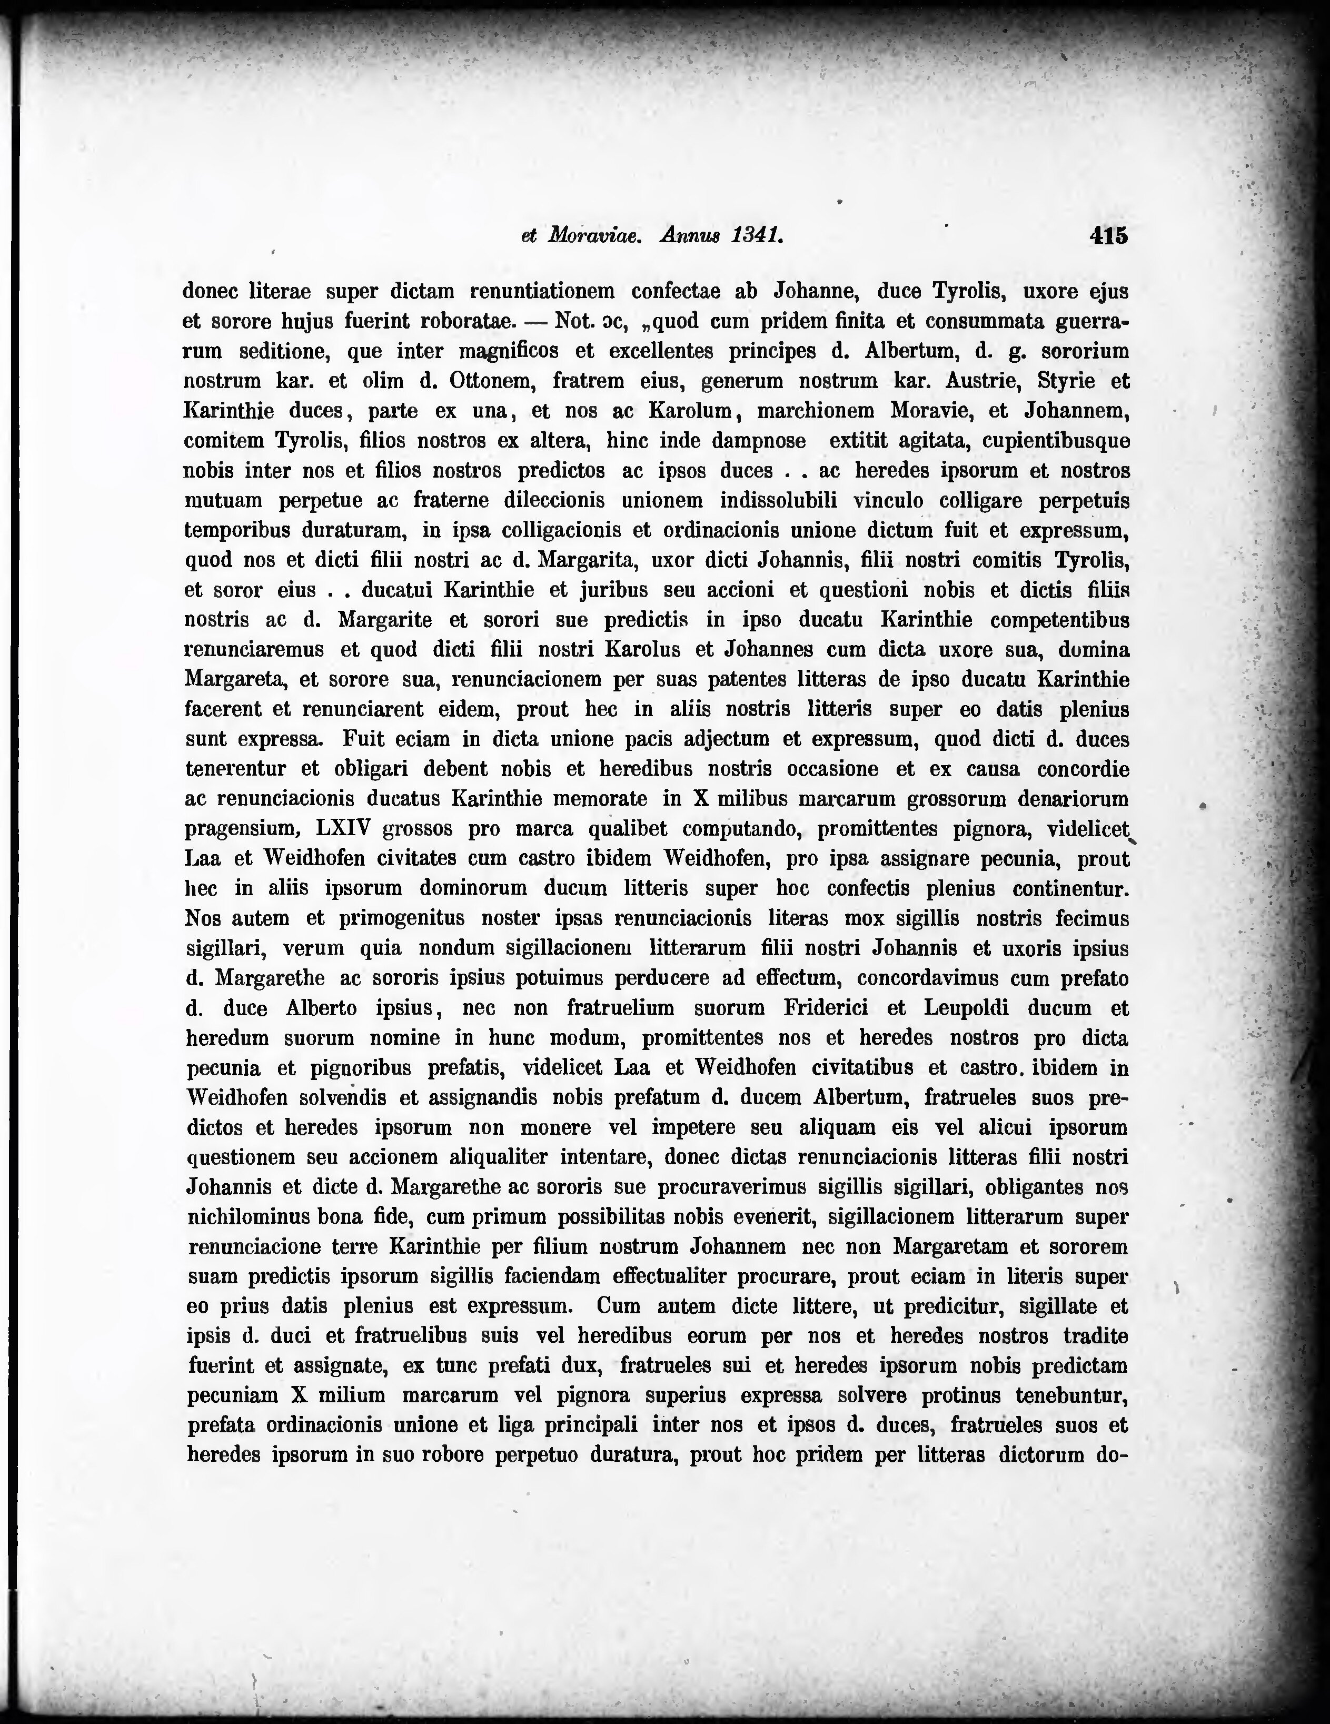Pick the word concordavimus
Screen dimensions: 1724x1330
pos(933,979)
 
